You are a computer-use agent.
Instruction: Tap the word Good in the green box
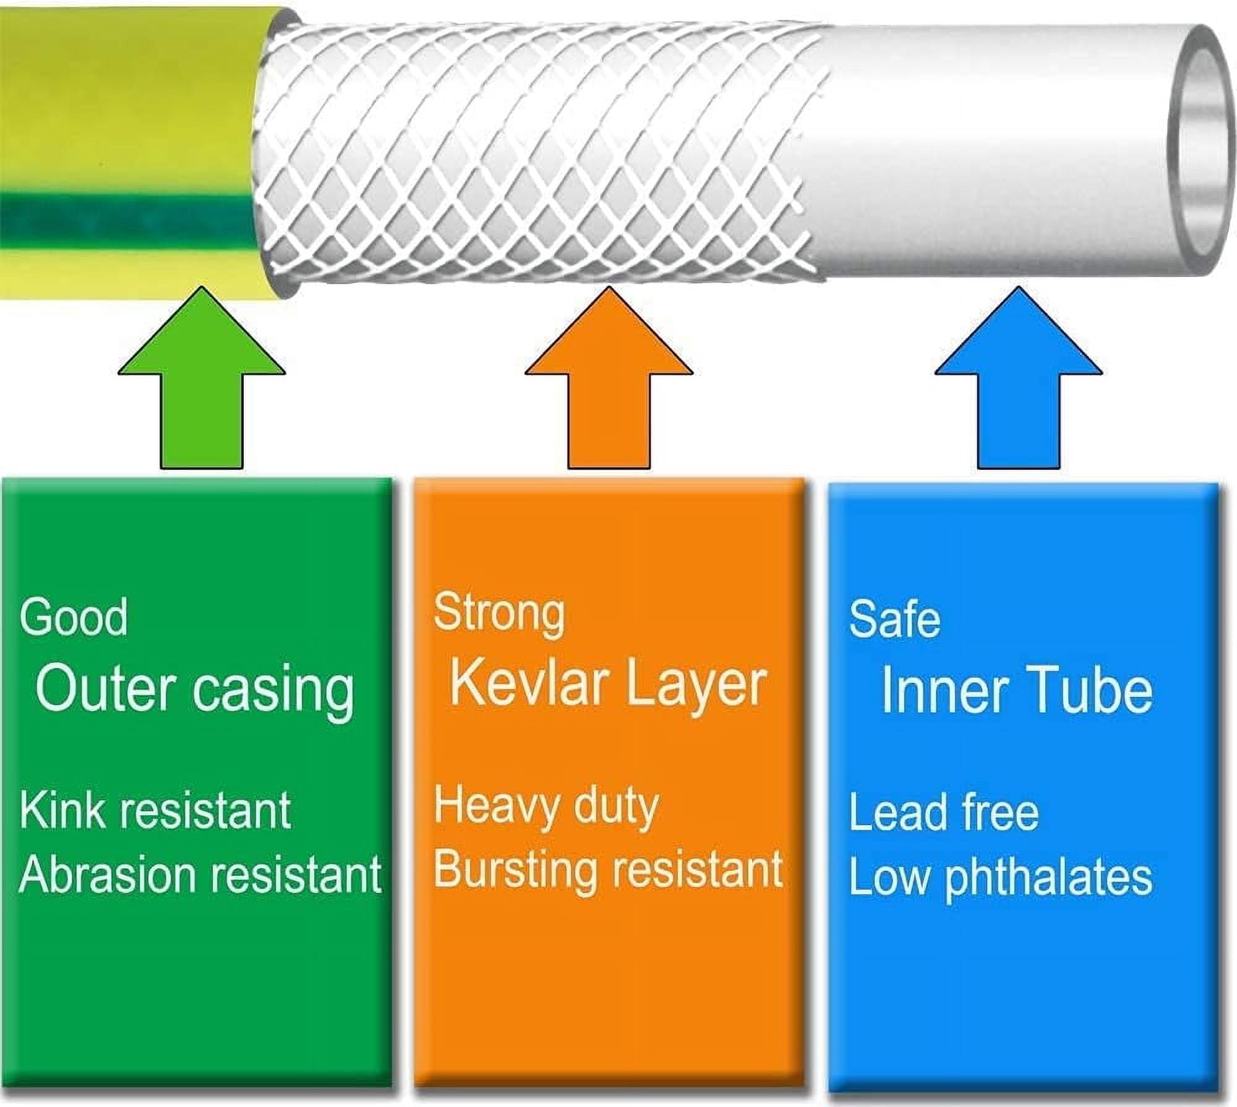74,617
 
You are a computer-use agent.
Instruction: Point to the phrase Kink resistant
155,810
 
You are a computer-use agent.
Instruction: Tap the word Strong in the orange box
499,613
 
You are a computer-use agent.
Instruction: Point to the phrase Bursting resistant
608,870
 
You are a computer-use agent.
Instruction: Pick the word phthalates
1049,877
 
